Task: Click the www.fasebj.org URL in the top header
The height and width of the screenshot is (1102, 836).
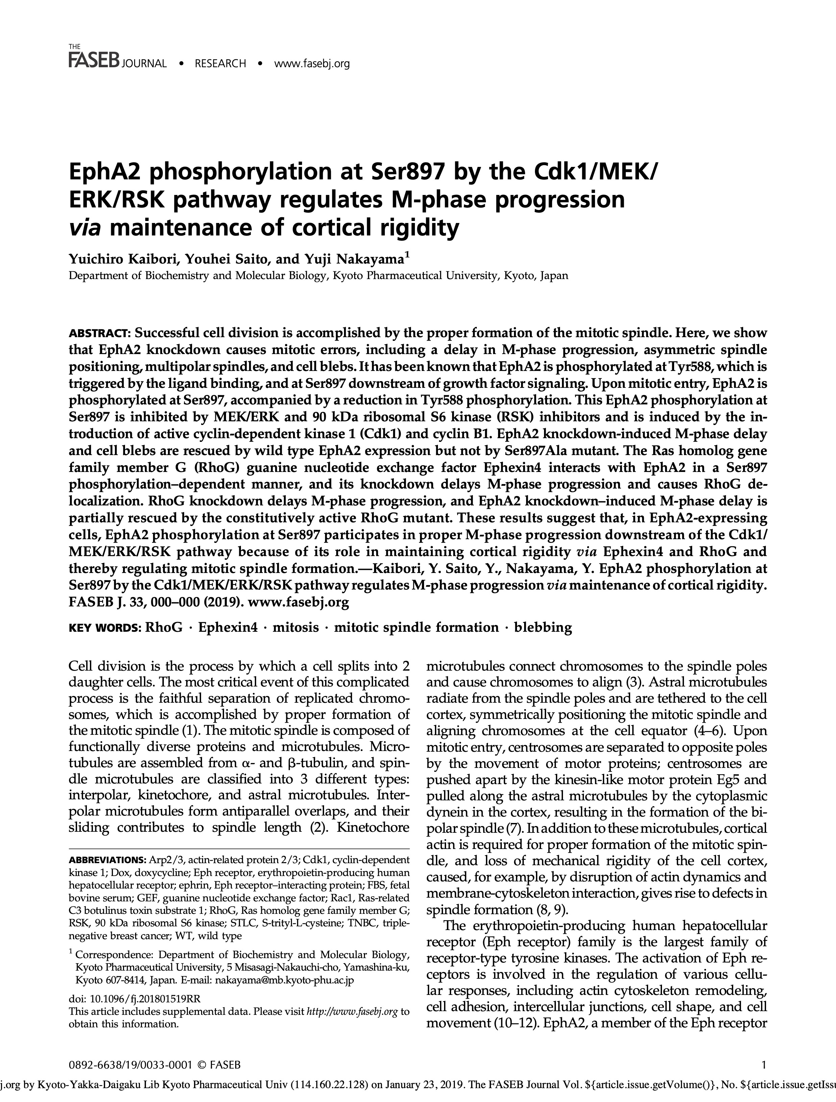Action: (312, 63)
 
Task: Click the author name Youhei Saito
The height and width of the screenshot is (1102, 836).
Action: (220, 259)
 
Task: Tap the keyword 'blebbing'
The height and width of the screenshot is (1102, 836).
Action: (543, 627)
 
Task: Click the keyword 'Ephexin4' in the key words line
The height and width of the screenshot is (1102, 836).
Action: (228, 627)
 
